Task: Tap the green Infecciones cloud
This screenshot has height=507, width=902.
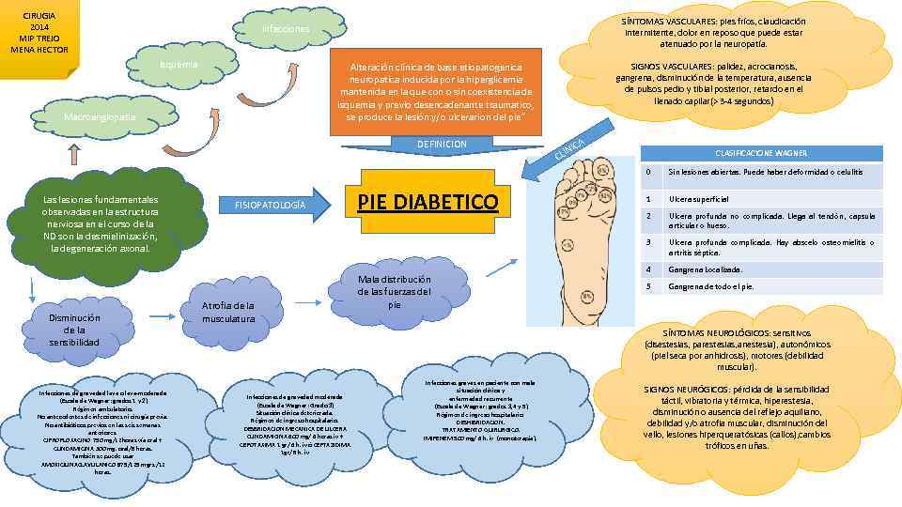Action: pyautogui.click(x=287, y=29)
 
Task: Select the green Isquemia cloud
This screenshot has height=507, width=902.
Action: pyautogui.click(x=179, y=65)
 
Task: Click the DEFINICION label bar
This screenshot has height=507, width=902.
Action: pyautogui.click(x=441, y=144)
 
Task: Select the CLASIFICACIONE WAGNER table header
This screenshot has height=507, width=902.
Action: pyautogui.click(x=761, y=153)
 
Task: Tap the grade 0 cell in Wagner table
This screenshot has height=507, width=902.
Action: pyautogui.click(x=647, y=173)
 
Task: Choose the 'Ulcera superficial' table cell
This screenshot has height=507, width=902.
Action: pyautogui.click(x=701, y=199)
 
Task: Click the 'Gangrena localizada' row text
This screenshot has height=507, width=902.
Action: pyautogui.click(x=705, y=269)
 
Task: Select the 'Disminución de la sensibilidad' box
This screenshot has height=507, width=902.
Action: pyautogui.click(x=74, y=330)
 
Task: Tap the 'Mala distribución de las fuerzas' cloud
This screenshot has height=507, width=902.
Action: pyautogui.click(x=395, y=292)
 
